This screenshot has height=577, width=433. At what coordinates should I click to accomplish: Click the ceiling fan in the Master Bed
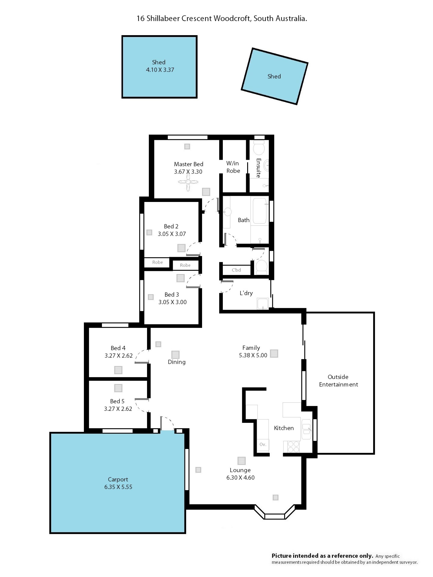(x=188, y=182)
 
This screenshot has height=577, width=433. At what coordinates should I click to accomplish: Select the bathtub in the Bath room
(x=259, y=211)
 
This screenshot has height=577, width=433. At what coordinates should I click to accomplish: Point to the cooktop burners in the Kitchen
(x=293, y=446)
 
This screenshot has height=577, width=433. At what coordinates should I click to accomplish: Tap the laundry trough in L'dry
(x=263, y=304)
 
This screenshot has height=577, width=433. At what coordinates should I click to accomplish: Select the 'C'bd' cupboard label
(x=236, y=270)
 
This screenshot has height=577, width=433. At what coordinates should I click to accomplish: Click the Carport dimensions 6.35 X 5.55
(x=118, y=487)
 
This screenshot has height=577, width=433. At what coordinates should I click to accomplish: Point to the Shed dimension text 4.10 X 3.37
(x=160, y=70)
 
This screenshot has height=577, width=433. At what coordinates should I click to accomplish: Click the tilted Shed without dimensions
(x=274, y=76)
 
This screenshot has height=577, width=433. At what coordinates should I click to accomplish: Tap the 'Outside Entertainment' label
(x=338, y=381)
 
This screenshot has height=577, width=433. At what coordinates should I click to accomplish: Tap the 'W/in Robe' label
(x=233, y=167)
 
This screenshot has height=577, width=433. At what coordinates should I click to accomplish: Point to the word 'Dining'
(x=177, y=362)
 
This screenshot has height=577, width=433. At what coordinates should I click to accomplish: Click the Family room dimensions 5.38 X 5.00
(x=253, y=355)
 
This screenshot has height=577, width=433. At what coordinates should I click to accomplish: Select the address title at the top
(x=222, y=18)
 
